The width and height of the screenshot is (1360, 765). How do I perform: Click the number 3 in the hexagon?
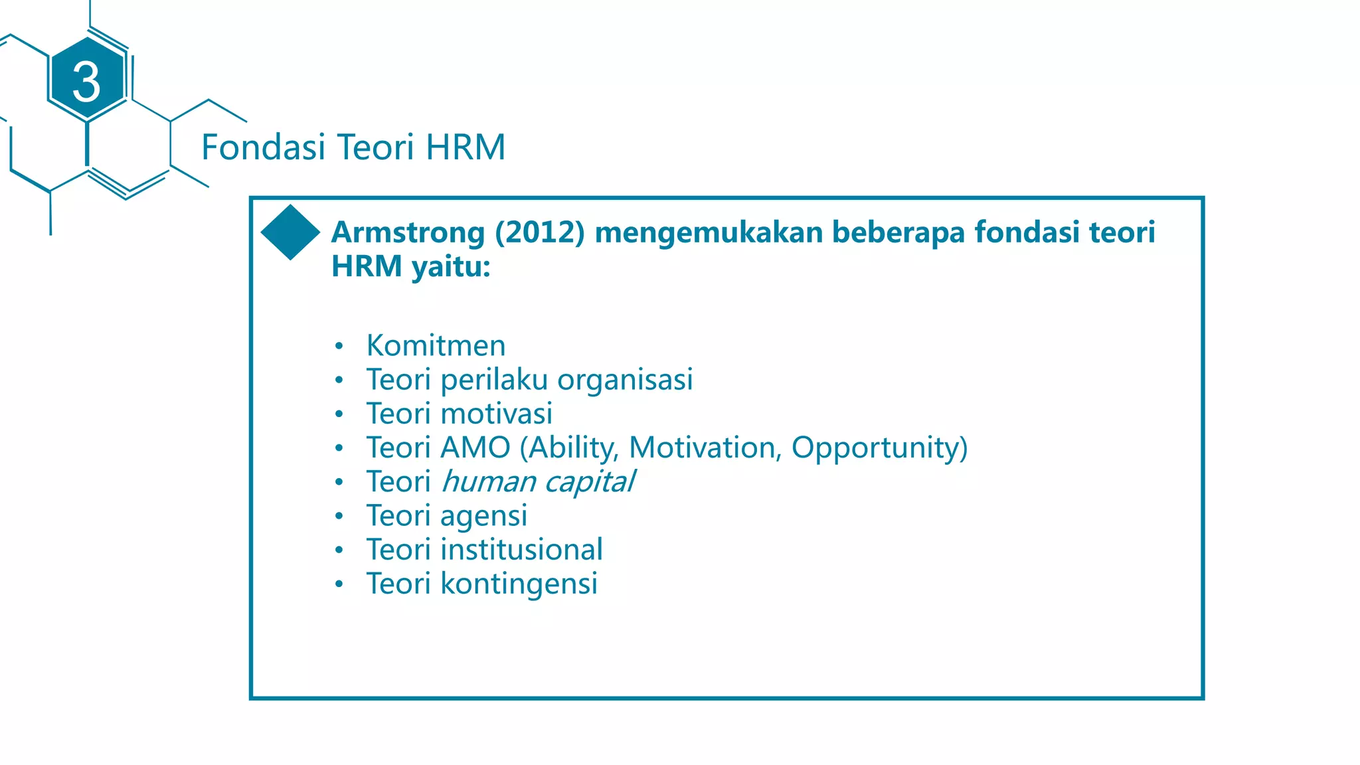(x=86, y=82)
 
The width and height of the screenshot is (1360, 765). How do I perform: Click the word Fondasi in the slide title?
(x=263, y=147)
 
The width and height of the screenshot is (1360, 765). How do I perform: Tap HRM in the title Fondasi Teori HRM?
(x=466, y=147)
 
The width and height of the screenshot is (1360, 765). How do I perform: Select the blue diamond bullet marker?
(x=290, y=232)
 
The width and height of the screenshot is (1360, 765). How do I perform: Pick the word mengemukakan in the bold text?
(x=709, y=232)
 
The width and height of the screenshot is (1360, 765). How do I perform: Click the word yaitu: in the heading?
(x=451, y=267)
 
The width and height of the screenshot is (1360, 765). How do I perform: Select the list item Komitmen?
(x=436, y=345)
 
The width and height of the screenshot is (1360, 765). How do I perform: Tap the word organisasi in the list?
(x=625, y=380)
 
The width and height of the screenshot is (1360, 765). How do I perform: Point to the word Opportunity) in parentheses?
(x=879, y=448)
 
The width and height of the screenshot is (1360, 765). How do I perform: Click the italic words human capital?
(x=538, y=481)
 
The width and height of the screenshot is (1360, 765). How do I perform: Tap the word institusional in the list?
(x=521, y=550)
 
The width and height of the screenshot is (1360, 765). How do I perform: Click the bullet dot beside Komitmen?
(x=339, y=346)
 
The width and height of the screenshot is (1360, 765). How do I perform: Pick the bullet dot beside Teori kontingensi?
(x=339, y=584)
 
